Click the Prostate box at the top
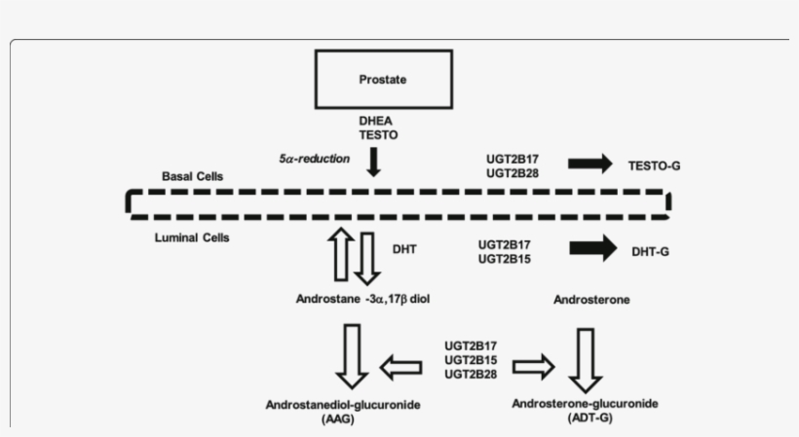coord(383,79)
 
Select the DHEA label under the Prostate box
coord(377,122)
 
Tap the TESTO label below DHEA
coord(377,136)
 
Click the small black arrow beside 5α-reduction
coord(372,162)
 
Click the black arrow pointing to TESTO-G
coord(590,163)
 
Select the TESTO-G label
coord(655,167)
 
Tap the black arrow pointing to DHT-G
coord(591,249)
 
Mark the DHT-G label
coord(650,252)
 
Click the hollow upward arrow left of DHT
coord(340,255)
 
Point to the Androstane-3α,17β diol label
coord(361,300)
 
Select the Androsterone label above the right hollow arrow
coord(590,300)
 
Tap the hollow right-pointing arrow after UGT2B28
coord(533,366)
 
